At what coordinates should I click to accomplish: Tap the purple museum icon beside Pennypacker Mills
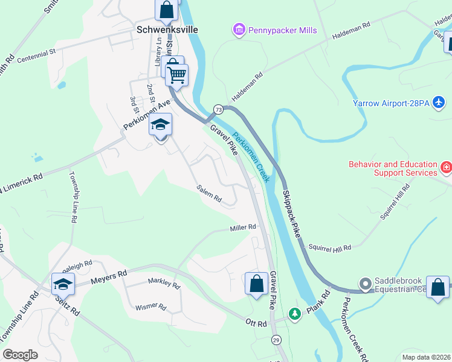click(239, 29)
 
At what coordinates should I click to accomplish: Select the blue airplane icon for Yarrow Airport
click(439, 103)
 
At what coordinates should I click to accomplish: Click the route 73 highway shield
click(218, 110)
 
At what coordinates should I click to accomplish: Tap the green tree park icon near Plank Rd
click(294, 314)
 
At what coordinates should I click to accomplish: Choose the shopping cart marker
click(178, 75)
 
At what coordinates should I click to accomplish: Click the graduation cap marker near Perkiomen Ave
click(161, 125)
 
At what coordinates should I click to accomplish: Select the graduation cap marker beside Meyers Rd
click(63, 284)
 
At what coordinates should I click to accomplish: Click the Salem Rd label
click(209, 194)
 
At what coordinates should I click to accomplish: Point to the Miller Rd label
click(243, 227)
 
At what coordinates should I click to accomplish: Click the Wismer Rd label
click(151, 306)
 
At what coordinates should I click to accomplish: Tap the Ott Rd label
click(255, 324)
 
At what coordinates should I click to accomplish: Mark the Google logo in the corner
click(20, 355)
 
